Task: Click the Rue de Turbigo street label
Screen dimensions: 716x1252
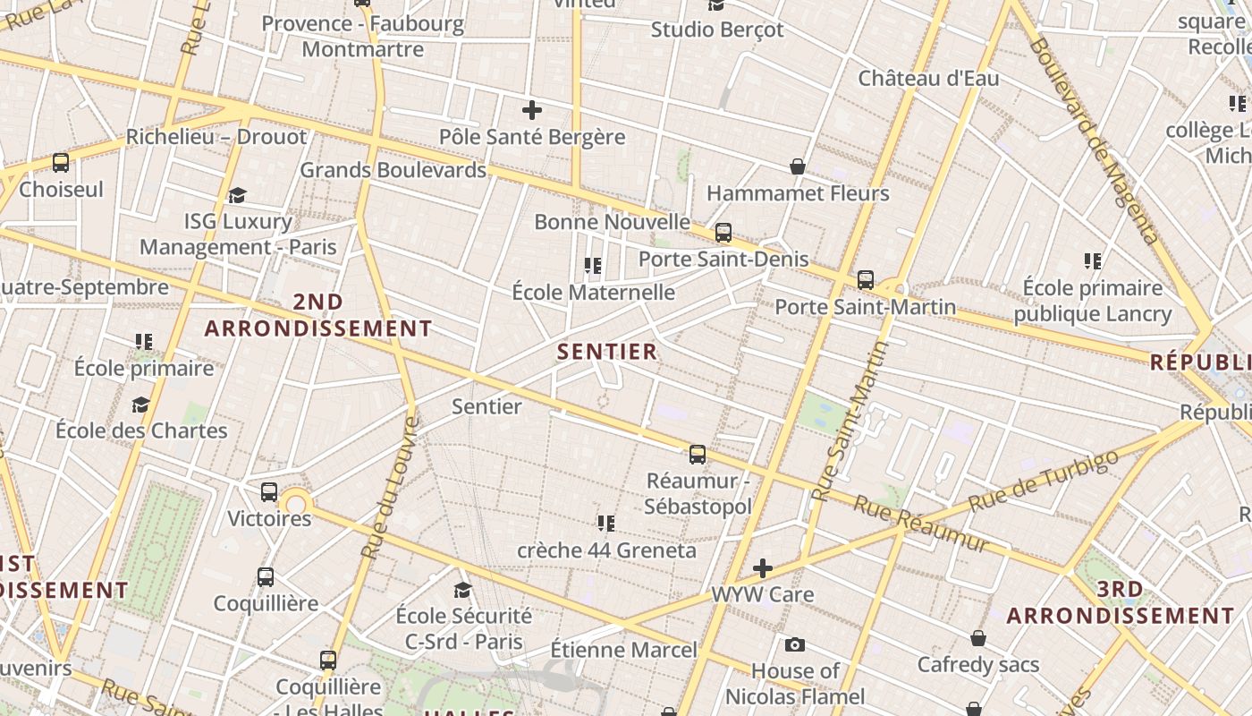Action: point(1044,481)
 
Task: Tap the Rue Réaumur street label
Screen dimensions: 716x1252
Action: point(921,524)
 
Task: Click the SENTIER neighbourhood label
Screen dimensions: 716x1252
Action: point(607,352)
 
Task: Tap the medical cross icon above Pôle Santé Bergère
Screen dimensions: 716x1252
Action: point(532,111)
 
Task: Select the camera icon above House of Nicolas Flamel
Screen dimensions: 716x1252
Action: point(794,644)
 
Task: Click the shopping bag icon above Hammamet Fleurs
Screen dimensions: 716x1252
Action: point(798,166)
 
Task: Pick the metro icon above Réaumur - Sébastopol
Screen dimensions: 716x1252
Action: point(698,455)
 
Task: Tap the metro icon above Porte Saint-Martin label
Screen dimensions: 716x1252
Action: point(865,280)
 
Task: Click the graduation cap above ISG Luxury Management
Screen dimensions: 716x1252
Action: point(237,195)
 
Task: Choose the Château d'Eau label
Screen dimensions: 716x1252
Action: point(928,79)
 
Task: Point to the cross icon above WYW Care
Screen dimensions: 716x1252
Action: point(763,568)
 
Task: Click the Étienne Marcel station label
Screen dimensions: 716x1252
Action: point(623,650)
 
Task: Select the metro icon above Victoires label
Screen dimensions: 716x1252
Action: point(269,492)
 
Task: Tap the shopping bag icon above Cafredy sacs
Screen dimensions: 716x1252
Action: point(978,638)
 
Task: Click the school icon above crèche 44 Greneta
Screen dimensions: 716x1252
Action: point(606,523)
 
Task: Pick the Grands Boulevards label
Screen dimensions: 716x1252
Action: point(393,170)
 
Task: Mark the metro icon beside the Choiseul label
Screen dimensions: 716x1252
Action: point(61,163)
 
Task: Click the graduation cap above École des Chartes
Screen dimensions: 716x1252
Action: point(140,405)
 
